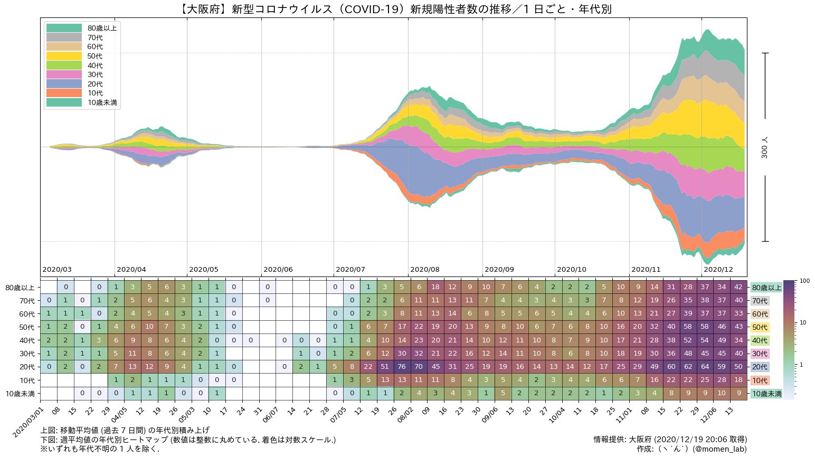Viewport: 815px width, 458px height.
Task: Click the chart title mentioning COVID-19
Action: pos(393,9)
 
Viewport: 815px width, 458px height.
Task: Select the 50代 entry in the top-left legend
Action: pos(95,56)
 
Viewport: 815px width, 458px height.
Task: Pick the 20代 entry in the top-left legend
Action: pos(95,84)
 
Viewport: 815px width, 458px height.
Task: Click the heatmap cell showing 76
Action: pos(402,367)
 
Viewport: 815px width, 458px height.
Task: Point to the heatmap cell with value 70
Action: pos(419,367)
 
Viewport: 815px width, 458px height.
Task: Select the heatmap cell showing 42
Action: pos(739,288)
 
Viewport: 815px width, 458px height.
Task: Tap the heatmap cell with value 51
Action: pos(385,367)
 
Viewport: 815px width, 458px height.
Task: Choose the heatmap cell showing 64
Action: pos(705,367)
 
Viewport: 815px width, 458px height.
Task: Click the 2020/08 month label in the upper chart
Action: pos(424,270)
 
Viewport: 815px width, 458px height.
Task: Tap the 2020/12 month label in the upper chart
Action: pos(718,270)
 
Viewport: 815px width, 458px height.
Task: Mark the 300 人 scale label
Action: pos(765,147)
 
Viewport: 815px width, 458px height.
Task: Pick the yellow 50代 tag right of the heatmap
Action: pos(760,327)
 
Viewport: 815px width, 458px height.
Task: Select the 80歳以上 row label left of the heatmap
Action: pos(20,288)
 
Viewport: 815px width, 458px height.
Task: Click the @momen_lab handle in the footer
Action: pos(719,449)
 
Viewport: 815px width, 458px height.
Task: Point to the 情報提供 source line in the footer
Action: pos(670,439)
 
